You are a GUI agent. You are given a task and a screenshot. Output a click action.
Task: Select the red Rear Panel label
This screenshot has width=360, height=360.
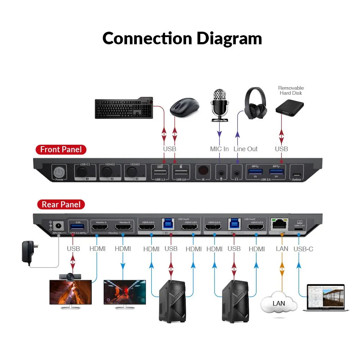[x=61, y=205]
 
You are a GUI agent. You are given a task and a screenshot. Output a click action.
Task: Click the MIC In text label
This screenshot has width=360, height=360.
[x=219, y=149]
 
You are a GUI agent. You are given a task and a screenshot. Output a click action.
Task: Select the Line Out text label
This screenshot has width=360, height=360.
[x=246, y=149]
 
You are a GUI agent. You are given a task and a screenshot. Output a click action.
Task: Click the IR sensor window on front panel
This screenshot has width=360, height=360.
[x=203, y=170]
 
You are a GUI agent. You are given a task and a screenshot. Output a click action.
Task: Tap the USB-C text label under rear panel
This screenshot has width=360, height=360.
[x=303, y=248]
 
